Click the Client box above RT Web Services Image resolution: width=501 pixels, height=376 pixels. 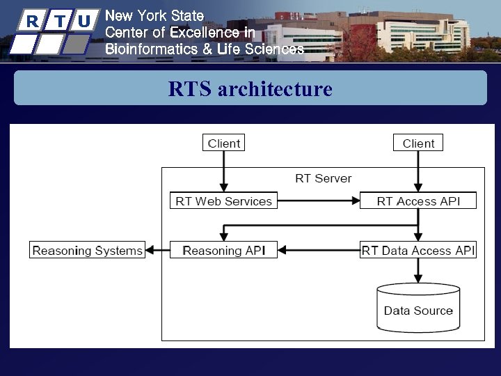pyautogui.click(x=223, y=143)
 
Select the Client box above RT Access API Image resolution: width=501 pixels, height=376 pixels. pyautogui.click(x=418, y=143)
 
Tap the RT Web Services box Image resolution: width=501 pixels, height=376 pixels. pyautogui.click(x=223, y=201)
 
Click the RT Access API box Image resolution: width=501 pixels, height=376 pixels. pyautogui.click(x=418, y=201)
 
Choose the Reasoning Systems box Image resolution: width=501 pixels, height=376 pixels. pyautogui.click(x=87, y=250)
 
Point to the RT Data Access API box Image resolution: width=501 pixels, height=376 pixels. pyautogui.click(x=418, y=250)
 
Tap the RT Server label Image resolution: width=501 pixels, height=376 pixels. pyautogui.click(x=324, y=178)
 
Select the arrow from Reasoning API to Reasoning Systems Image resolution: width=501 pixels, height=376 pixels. pyautogui.click(x=161, y=250)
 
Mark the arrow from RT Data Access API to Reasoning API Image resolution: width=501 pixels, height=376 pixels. pyautogui.click(x=319, y=250)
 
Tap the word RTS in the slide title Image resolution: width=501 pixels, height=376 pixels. pyautogui.click(x=190, y=89)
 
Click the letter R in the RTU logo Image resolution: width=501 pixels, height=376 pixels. pyautogui.click(x=31, y=21)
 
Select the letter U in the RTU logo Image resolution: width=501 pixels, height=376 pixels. pyautogui.click(x=83, y=21)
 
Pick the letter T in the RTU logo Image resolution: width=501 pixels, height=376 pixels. pyautogui.click(x=58, y=21)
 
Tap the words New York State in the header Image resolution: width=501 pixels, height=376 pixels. pyautogui.click(x=154, y=15)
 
